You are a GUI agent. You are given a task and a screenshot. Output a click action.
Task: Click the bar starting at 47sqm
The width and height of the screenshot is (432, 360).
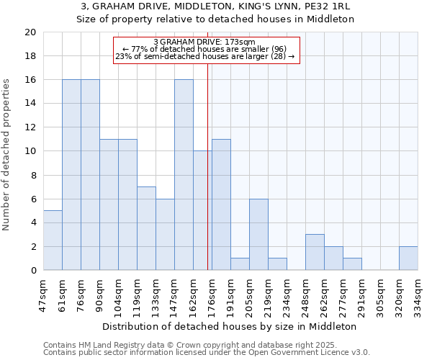pyautogui.click(x=53, y=240)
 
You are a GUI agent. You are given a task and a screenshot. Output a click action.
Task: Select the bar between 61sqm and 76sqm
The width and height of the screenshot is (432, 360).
pyautogui.click(x=71, y=175)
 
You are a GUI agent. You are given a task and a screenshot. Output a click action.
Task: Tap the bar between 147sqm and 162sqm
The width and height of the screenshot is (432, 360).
pyautogui.click(x=184, y=175)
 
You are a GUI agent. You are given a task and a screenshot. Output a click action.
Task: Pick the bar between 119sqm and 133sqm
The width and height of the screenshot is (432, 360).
pyautogui.click(x=146, y=228)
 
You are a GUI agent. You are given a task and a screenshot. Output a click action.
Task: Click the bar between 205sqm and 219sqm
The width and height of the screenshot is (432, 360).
pyautogui.click(x=258, y=235)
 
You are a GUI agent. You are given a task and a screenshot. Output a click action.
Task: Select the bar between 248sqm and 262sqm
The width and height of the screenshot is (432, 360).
pyautogui.click(x=315, y=252)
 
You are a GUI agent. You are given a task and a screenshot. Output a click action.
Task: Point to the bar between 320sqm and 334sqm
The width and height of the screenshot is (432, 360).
pyautogui.click(x=408, y=258)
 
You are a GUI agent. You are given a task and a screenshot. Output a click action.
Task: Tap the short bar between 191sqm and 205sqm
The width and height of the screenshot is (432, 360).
pyautogui.click(x=240, y=264)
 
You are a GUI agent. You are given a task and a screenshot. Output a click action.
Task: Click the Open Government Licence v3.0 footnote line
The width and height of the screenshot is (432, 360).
pyautogui.click(x=207, y=353)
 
